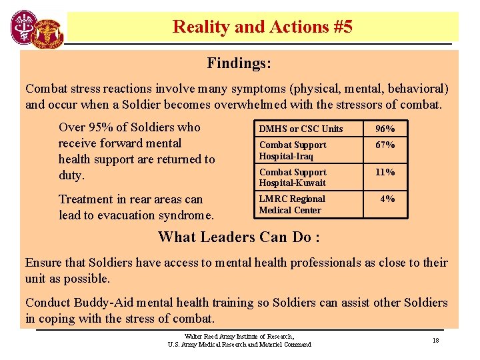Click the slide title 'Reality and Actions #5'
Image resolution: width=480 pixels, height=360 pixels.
262,27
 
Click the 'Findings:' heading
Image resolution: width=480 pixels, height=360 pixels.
239,63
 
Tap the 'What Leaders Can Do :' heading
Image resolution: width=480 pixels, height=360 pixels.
239,237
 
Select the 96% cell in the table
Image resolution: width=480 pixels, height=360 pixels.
385,129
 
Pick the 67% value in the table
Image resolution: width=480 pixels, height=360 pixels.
385,145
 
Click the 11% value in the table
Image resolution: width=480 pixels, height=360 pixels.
385,172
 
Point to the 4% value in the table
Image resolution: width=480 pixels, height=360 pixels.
387,199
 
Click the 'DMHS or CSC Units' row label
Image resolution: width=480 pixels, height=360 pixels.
301,129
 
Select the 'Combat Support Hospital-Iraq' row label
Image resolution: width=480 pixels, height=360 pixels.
293,151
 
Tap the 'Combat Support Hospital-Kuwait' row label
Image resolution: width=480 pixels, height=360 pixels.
293,177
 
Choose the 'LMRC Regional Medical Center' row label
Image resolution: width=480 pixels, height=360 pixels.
291,204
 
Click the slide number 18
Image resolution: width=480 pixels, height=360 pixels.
435,340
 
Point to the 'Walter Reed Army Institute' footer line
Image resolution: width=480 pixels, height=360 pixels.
239,336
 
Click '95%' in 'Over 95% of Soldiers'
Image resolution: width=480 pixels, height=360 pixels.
98,127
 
